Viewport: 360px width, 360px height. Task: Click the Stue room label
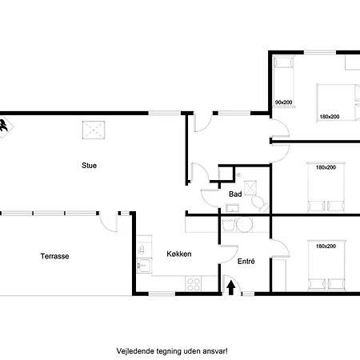(x=89, y=166)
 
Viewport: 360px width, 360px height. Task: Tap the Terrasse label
(x=54, y=256)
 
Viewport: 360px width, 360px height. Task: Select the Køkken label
(x=179, y=254)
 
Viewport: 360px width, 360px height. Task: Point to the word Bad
(x=235, y=194)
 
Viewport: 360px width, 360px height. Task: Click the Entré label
(x=246, y=262)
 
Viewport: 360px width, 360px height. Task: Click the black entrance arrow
(x=231, y=289)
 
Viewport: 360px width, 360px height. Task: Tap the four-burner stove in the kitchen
(x=194, y=284)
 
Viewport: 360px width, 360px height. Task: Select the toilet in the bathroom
(x=260, y=204)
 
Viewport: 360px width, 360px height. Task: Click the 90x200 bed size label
(x=283, y=102)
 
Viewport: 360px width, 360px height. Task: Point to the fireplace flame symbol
(x=4, y=126)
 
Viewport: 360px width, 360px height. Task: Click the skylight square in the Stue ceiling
(x=94, y=130)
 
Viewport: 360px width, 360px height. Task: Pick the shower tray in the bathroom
(x=250, y=188)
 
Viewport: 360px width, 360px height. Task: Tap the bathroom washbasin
(x=232, y=208)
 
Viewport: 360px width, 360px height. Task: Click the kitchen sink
(x=144, y=266)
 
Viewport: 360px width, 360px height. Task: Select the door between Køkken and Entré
(x=228, y=254)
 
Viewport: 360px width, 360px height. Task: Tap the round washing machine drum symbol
(x=244, y=225)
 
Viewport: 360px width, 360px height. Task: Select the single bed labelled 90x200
(x=284, y=82)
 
